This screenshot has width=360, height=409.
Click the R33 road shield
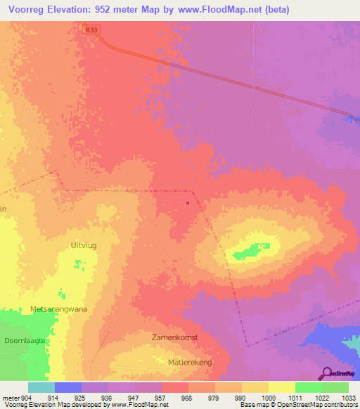click(x=90, y=30)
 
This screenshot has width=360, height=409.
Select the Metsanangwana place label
click(x=58, y=309)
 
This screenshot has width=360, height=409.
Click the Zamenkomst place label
click(x=175, y=337)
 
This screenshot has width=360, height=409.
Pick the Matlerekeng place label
click(x=190, y=362)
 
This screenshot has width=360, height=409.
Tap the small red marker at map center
click(x=188, y=203)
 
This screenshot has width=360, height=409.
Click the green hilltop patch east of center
click(x=247, y=249)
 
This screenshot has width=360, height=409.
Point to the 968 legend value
click(x=187, y=398)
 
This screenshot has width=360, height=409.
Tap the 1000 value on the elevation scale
click(x=267, y=398)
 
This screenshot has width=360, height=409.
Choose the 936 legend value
click(x=107, y=398)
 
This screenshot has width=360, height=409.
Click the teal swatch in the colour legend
click(x=41, y=387)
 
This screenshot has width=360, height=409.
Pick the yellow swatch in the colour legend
click(x=281, y=387)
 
